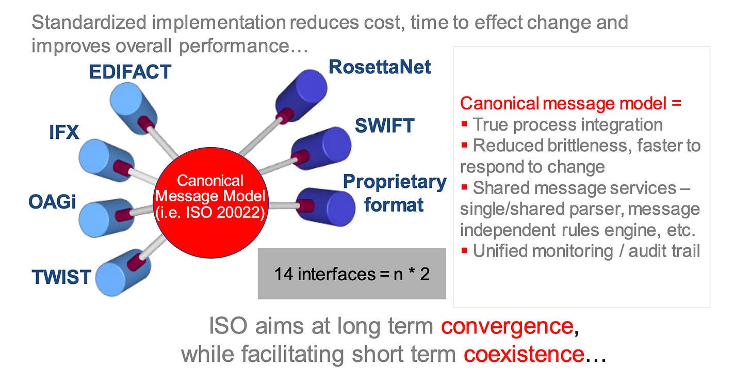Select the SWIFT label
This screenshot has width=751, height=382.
(x=384, y=125)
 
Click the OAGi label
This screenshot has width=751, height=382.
(x=52, y=201)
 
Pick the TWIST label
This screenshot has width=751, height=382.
(x=61, y=277)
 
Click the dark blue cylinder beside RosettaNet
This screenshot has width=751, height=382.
(x=302, y=93)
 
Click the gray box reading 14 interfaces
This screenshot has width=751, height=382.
(x=351, y=274)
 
